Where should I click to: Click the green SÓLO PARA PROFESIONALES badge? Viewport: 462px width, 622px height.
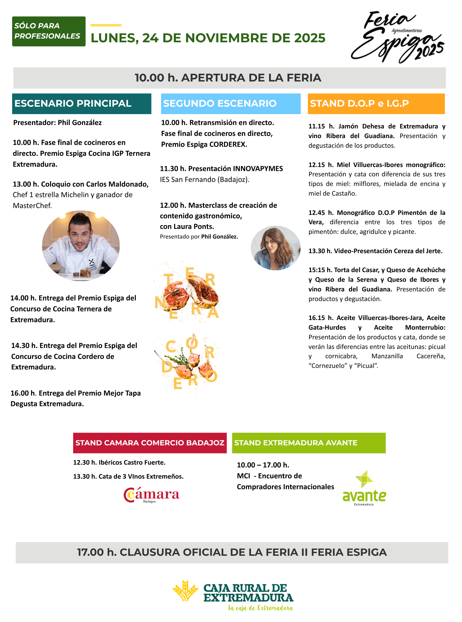(49, 31)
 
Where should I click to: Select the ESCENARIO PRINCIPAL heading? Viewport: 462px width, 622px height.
(82, 104)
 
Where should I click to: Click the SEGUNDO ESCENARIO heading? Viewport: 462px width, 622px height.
(230, 104)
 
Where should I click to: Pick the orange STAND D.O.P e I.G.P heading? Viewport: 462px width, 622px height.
(376, 104)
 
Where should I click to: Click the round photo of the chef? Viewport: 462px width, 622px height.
(81, 246)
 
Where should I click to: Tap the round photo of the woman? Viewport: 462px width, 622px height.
(276, 248)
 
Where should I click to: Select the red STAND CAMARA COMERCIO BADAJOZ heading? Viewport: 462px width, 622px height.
(150, 443)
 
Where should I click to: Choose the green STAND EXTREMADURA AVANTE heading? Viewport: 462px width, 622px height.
(309, 443)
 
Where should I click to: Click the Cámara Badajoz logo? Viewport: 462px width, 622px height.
(151, 495)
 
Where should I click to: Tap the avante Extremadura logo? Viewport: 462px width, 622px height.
(364, 488)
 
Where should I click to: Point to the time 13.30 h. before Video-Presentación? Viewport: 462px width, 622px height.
(320, 251)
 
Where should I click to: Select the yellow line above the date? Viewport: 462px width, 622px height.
(106, 25)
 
